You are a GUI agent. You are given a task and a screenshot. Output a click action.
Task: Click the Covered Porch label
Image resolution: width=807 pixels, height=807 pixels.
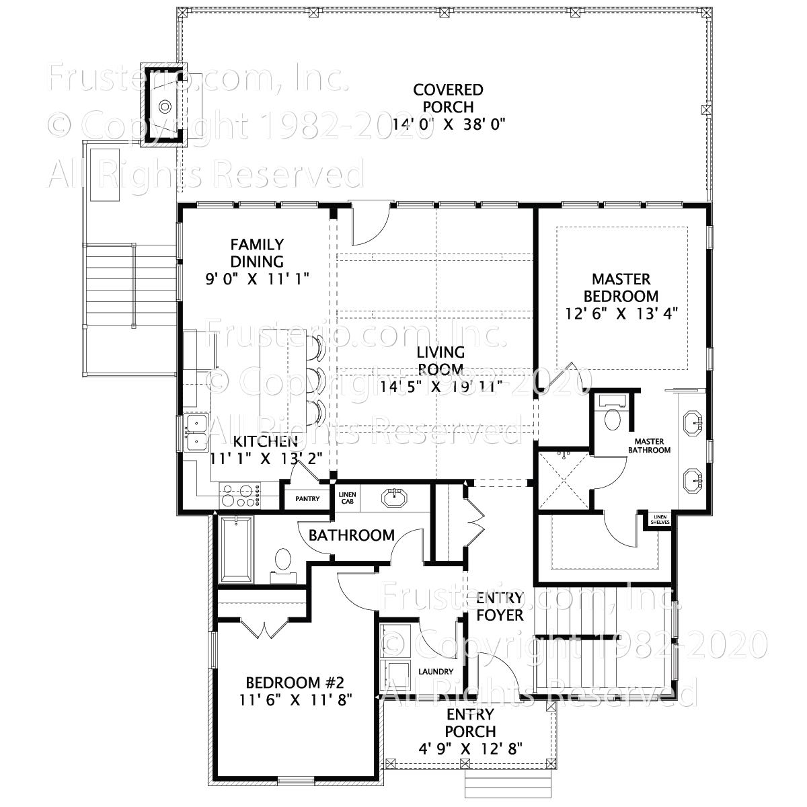tap(448, 98)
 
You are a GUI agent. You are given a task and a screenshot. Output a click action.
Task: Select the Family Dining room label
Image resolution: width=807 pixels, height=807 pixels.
tap(257, 253)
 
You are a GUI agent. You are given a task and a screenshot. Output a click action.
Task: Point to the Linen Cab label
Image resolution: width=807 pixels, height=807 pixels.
tap(347, 498)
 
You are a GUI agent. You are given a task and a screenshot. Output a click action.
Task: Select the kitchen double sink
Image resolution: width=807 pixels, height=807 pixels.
tap(195, 432)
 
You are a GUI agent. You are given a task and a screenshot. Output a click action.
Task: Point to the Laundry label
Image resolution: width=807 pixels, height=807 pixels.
tap(435, 671)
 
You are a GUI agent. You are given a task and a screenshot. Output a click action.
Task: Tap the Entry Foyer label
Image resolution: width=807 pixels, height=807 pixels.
tap(499, 607)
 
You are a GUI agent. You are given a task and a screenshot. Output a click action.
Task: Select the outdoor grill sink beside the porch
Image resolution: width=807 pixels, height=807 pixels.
tap(164, 105)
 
